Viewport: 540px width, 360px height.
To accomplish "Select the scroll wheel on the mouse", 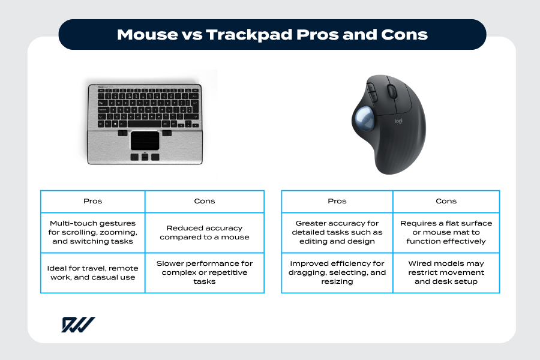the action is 392,91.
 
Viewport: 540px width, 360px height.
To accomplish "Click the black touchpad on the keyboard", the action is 145,140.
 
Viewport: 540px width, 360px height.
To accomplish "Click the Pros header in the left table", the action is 92,201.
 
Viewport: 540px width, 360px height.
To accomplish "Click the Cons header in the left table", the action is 205,201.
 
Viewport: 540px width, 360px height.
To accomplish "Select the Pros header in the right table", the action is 337,201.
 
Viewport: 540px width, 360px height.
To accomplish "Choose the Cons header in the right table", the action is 446,201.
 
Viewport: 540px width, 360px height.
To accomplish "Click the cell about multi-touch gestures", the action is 92,232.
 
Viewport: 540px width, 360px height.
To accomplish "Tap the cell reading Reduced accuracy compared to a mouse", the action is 205,232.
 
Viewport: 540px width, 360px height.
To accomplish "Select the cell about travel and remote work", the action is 92,272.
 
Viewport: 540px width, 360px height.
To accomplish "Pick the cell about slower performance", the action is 205,272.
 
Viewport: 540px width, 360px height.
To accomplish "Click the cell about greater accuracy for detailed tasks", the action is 337,232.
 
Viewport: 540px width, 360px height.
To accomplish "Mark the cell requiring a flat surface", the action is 446,232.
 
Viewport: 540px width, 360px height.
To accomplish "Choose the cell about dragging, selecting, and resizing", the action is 337,272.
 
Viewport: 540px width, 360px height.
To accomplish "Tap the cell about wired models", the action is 446,272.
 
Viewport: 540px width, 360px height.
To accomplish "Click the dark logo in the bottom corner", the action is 77,325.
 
